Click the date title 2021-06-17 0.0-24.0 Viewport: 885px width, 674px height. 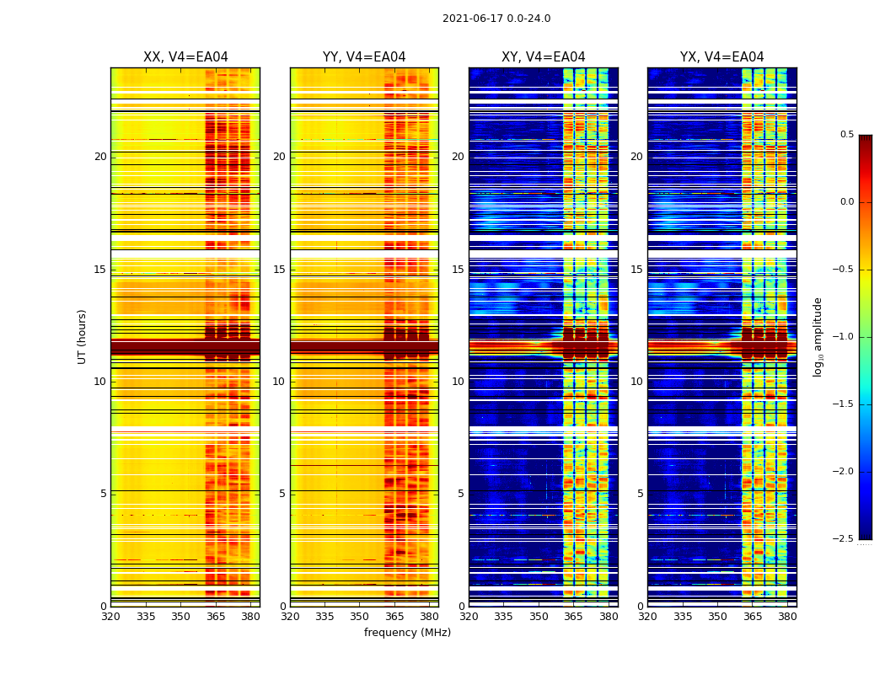point(496,19)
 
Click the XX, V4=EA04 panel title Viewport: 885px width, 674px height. point(185,57)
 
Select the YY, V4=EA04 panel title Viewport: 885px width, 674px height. point(364,57)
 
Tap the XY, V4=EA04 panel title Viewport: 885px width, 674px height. point(543,57)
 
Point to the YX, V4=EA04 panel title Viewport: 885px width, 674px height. point(721,57)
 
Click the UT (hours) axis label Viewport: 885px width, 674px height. point(82,336)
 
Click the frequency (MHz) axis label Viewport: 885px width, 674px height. point(407,633)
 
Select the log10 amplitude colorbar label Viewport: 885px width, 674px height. point(818,336)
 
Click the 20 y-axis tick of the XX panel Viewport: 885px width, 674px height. point(100,157)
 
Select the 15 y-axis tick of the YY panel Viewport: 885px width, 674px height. point(279,270)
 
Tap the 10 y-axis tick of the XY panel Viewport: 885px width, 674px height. point(458,382)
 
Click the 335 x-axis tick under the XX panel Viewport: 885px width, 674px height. point(146,616)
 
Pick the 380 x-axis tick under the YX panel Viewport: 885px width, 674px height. point(787,616)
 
